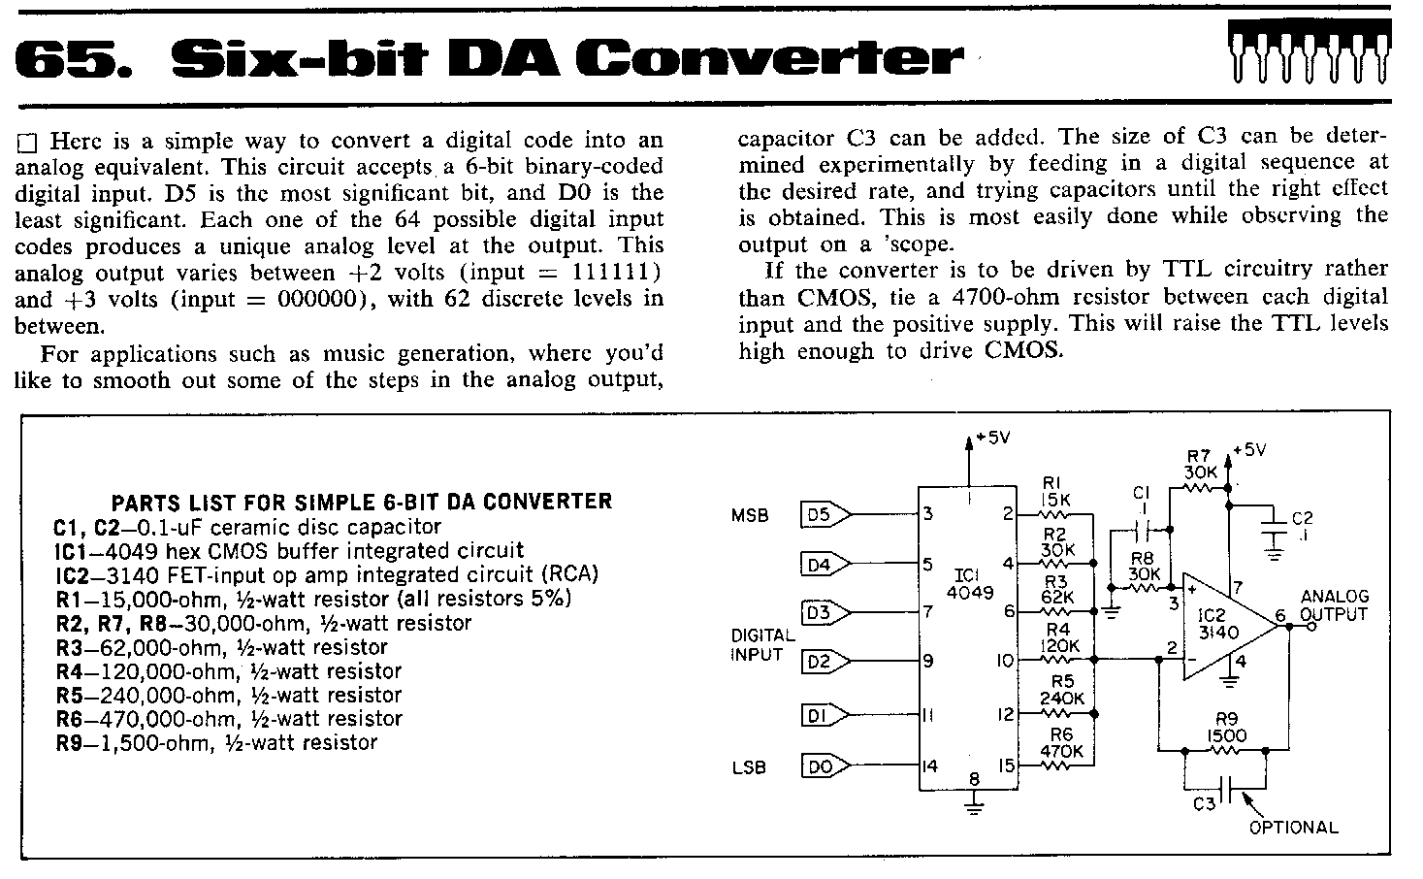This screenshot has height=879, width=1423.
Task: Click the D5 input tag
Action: pos(825,514)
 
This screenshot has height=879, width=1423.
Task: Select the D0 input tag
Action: pos(825,766)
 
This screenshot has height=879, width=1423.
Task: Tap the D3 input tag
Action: pos(825,613)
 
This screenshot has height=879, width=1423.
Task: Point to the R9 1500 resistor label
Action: pos(1227,727)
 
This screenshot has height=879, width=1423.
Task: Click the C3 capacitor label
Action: pos(1204,804)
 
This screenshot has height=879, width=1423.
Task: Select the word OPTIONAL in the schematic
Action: pos(1293,827)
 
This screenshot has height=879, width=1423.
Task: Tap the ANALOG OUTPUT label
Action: pos(1334,605)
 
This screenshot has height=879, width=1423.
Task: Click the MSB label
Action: pos(750,515)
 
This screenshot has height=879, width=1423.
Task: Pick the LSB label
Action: pos(749,767)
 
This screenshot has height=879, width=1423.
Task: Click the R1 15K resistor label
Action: pos(1055,492)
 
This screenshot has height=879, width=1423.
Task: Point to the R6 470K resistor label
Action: pos(1061,743)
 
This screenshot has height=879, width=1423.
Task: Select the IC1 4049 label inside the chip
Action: pos(969,584)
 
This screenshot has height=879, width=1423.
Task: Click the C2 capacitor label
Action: pos(1302,527)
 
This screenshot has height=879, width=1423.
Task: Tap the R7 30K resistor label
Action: pos(1200,464)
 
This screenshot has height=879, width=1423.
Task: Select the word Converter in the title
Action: pos(769,58)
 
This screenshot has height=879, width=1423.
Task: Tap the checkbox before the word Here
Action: pos(27,144)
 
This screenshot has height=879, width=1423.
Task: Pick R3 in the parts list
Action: pos(69,648)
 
